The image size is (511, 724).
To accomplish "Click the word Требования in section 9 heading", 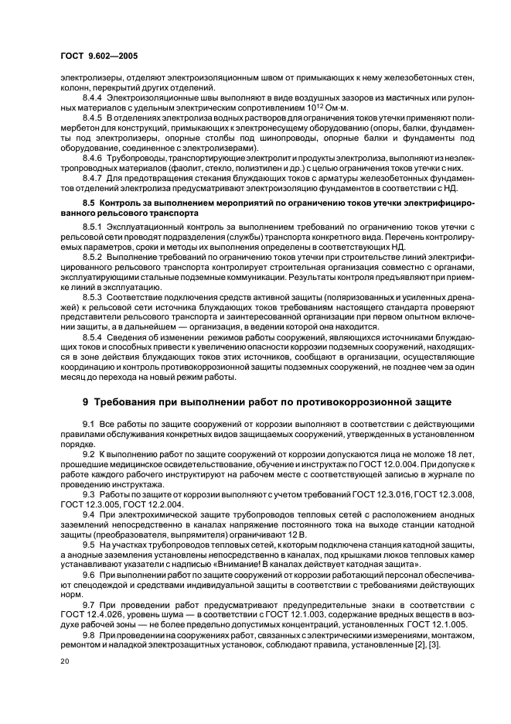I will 134,401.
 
